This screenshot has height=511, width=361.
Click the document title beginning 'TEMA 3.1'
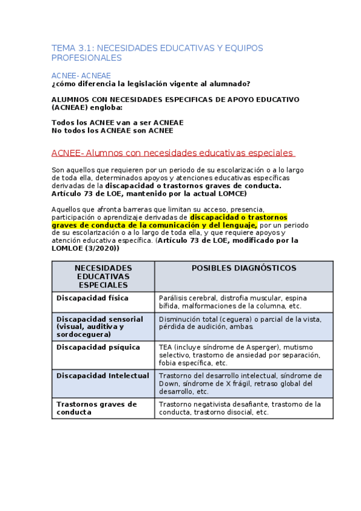click(x=157, y=52)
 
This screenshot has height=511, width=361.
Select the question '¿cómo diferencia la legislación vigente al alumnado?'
click(x=151, y=84)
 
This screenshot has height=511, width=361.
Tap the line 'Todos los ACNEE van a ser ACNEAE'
click(x=118, y=122)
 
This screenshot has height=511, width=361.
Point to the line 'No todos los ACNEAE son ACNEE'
click(x=112, y=130)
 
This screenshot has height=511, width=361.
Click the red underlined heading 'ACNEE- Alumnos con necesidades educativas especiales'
click(x=172, y=153)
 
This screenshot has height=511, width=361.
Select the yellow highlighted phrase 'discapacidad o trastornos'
click(x=239, y=217)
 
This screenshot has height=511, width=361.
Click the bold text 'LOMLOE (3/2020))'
click(x=86, y=248)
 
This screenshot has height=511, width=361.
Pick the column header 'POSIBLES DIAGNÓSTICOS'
click(x=243, y=268)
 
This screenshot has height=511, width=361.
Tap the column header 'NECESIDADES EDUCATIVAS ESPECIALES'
click(x=103, y=276)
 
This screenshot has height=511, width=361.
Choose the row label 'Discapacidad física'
click(x=92, y=298)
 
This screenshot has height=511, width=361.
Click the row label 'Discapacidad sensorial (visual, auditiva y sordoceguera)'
click(x=100, y=326)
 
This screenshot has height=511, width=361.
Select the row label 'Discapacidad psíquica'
click(x=98, y=347)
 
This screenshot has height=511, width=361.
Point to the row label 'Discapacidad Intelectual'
click(x=102, y=375)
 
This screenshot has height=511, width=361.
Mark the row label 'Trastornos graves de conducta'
click(x=96, y=408)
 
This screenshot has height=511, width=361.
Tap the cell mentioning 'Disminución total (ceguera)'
click(x=240, y=322)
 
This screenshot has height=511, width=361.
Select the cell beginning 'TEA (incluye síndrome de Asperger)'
click(x=241, y=355)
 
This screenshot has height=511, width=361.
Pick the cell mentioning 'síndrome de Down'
click(x=241, y=383)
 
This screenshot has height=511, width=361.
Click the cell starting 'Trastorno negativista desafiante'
click(x=240, y=408)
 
